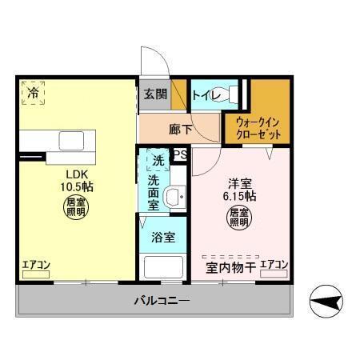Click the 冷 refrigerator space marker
[33, 93]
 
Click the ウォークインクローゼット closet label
[258, 128]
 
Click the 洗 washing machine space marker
[158, 162]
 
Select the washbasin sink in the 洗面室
[174, 197]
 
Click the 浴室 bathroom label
[164, 238]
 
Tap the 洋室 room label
[238, 182]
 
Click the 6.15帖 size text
[238, 196]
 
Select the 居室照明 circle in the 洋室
[238, 216]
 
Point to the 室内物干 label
[230, 267]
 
